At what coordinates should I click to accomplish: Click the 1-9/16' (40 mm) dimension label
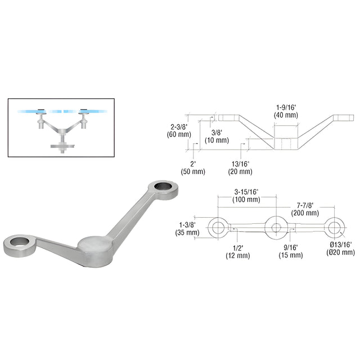point(286,111)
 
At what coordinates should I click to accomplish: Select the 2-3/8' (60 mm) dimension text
point(179,130)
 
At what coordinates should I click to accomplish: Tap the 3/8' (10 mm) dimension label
point(217,136)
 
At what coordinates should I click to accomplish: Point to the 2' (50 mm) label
point(193,168)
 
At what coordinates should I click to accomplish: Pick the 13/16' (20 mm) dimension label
point(240,168)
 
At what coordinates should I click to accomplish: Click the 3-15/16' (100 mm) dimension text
point(246,196)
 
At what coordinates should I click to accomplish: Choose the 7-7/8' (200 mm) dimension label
point(305,209)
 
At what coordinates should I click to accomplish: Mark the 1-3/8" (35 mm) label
point(187,229)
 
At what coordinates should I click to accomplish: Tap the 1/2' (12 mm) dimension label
point(237,252)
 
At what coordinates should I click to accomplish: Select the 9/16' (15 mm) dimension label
point(291,251)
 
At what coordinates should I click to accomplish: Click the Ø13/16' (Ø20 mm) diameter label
point(340,248)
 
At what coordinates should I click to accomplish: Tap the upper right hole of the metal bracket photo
point(163,186)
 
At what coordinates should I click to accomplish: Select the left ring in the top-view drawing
point(218,228)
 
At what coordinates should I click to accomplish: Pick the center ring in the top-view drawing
point(276,228)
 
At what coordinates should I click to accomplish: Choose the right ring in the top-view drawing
point(334,228)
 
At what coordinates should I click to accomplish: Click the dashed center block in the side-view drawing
point(286,144)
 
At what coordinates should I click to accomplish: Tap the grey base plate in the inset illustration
point(62,146)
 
